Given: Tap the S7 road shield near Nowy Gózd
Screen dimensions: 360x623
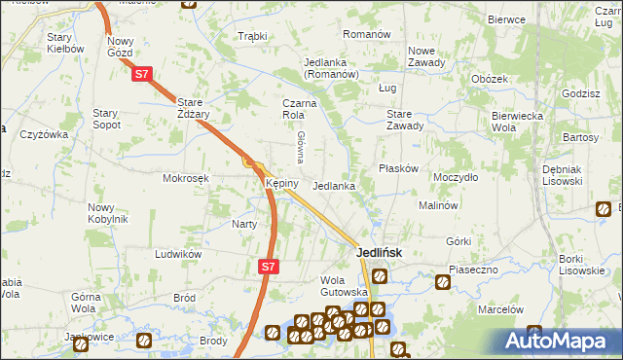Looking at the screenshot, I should coord(142,73).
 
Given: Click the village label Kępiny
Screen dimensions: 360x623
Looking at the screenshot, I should coord(275,183).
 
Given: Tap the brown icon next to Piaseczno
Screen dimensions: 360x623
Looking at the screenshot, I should coord(443,283).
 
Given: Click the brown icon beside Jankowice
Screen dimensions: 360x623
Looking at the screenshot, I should coord(142,341).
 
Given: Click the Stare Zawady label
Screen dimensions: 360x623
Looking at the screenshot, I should coord(405,119).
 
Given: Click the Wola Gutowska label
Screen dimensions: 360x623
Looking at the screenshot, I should coord(344,286).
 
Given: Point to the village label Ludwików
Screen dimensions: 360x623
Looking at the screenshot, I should coord(178,254).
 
